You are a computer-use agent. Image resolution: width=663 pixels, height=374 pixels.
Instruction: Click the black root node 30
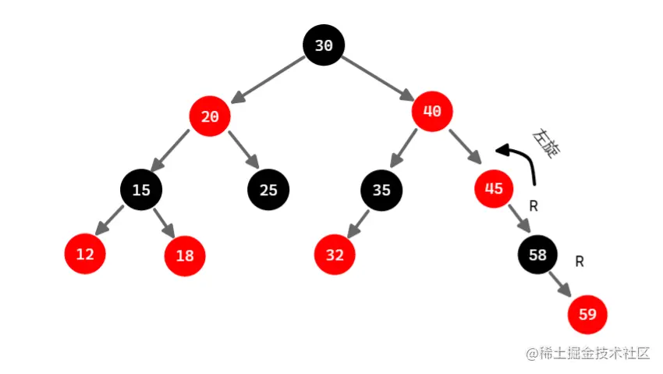[x=324, y=45]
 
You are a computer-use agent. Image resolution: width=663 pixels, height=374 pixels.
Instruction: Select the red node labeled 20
[x=210, y=117]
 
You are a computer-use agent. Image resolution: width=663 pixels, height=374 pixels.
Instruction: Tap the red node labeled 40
[x=432, y=111]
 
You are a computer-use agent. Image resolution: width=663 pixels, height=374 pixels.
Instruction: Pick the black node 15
[x=141, y=190]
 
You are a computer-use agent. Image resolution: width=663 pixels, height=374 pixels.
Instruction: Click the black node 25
[x=268, y=190]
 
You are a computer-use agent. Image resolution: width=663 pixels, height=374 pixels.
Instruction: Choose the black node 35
[x=381, y=190]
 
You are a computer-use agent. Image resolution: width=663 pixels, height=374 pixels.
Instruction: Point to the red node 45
[x=495, y=188]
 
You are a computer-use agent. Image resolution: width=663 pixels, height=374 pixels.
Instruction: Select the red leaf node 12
[x=84, y=254]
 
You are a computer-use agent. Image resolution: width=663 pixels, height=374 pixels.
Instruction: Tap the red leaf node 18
[x=185, y=255]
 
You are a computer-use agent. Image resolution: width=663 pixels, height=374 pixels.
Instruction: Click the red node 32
[x=335, y=255]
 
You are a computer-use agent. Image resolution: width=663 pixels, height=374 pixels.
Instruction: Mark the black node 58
[x=538, y=254]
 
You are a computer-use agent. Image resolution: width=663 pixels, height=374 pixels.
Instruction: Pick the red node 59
[x=588, y=315]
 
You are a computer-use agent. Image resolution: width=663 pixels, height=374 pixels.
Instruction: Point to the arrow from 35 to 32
[x=358, y=223]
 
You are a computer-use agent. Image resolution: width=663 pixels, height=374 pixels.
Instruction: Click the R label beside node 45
[x=534, y=206]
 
